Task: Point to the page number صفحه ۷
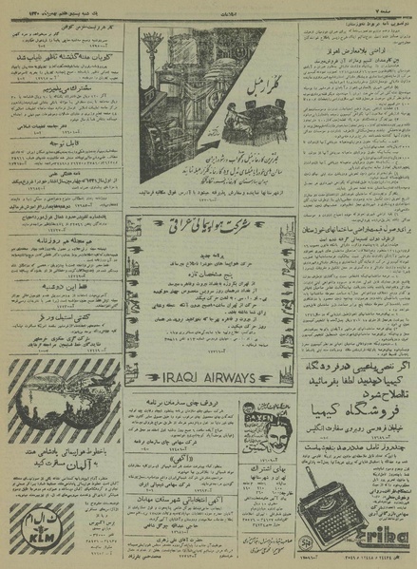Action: coord(395,8)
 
